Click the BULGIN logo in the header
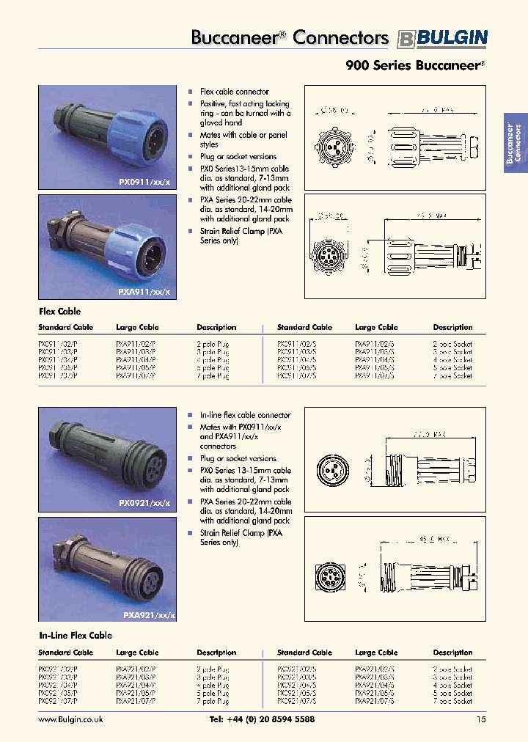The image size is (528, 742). pyautogui.click(x=442, y=39)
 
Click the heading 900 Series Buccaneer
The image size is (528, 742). pyautogui.click(x=414, y=65)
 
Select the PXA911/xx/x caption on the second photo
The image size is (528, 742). pyautogui.click(x=143, y=292)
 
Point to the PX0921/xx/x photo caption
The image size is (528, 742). pyautogui.click(x=144, y=504)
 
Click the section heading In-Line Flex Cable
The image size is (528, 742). pyautogui.click(x=75, y=636)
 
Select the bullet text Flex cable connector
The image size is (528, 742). pyautogui.click(x=234, y=92)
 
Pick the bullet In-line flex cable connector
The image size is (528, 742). pyautogui.click(x=245, y=415)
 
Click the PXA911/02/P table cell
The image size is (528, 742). pyautogui.click(x=136, y=344)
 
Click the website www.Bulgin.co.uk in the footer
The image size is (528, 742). pyautogui.click(x=70, y=720)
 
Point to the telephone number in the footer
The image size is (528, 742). pyautogui.click(x=262, y=720)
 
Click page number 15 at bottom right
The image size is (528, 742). pyautogui.click(x=480, y=720)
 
